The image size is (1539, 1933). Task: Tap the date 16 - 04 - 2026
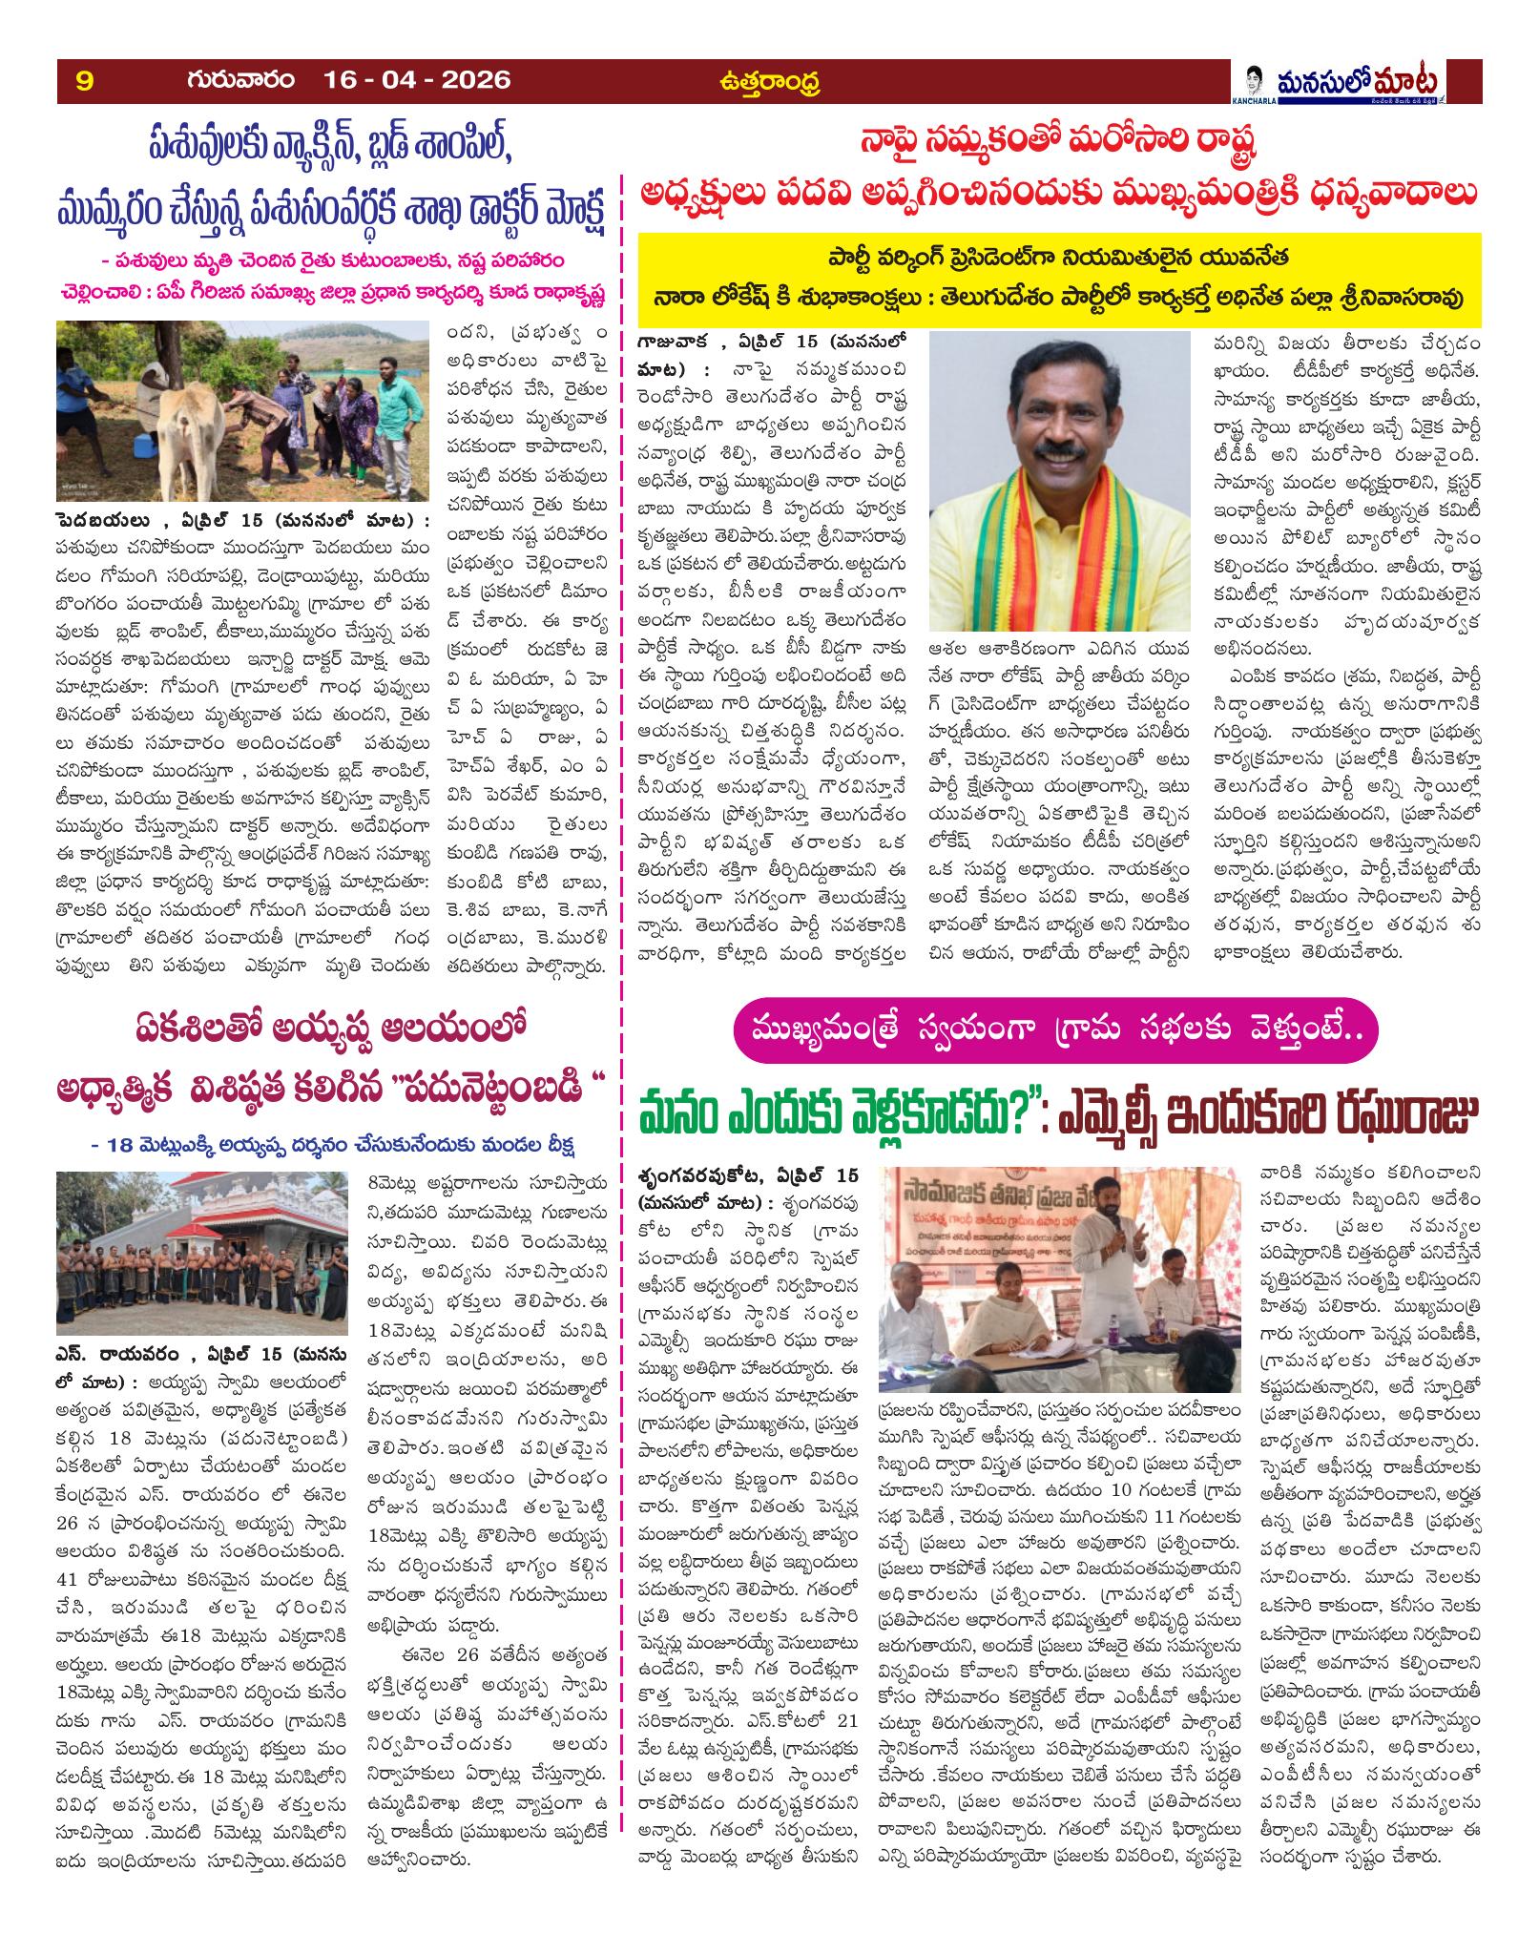tap(417, 80)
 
